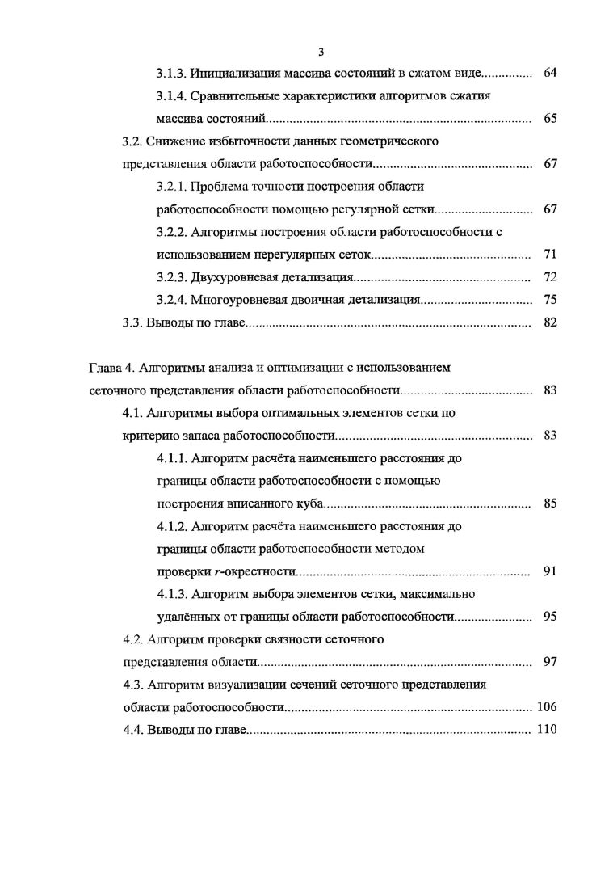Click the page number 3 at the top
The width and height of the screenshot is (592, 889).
point(321,53)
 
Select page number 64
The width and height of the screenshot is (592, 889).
point(550,74)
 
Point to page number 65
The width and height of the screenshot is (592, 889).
point(550,119)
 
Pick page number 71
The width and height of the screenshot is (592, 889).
point(550,255)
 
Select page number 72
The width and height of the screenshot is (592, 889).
point(550,277)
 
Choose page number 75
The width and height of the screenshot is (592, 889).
point(550,300)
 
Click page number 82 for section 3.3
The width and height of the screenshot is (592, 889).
point(550,322)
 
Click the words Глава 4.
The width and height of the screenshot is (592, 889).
point(111,368)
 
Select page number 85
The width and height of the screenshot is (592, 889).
point(550,503)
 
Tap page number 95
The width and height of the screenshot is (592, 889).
point(550,617)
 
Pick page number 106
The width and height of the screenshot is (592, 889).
point(547,707)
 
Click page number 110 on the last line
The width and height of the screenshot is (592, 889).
point(547,730)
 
